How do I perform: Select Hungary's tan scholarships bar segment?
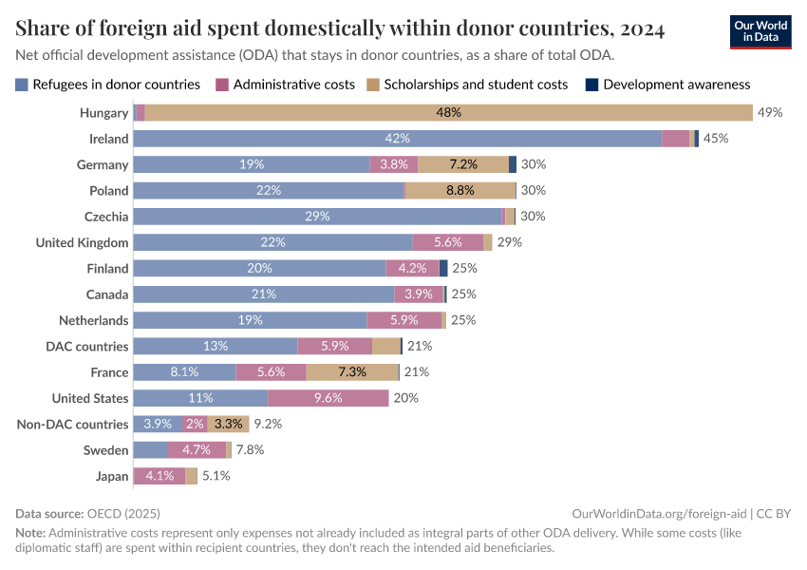click(x=448, y=113)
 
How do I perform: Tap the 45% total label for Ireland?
click(x=715, y=139)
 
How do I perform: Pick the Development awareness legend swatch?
click(x=592, y=85)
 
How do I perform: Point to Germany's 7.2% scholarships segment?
click(x=463, y=164)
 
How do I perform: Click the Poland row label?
click(x=109, y=191)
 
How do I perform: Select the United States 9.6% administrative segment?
click(x=328, y=398)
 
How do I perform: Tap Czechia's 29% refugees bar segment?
click(x=317, y=217)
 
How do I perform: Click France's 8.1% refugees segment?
click(x=184, y=372)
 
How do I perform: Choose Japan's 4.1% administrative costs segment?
click(x=160, y=476)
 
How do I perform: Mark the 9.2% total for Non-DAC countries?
click(x=268, y=425)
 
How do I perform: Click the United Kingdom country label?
click(x=82, y=243)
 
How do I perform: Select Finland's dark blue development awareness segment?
click(x=443, y=269)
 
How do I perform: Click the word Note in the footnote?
click(x=29, y=533)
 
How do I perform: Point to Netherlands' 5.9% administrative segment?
click(x=403, y=320)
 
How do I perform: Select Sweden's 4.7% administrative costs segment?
click(x=196, y=450)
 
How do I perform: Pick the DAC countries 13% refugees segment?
click(x=216, y=347)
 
